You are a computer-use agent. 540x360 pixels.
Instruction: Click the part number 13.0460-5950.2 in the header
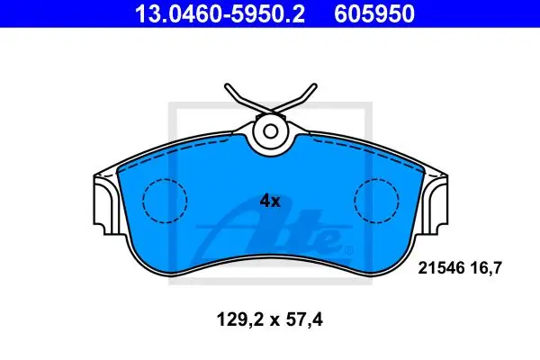point(220,13)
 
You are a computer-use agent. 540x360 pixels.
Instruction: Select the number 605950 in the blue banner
point(374,13)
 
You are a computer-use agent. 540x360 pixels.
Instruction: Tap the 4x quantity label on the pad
point(270,201)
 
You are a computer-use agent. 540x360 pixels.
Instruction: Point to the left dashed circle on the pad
point(165,178)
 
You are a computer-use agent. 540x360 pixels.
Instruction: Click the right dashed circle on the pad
point(376,178)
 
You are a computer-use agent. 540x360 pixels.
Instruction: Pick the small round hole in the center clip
point(271,131)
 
